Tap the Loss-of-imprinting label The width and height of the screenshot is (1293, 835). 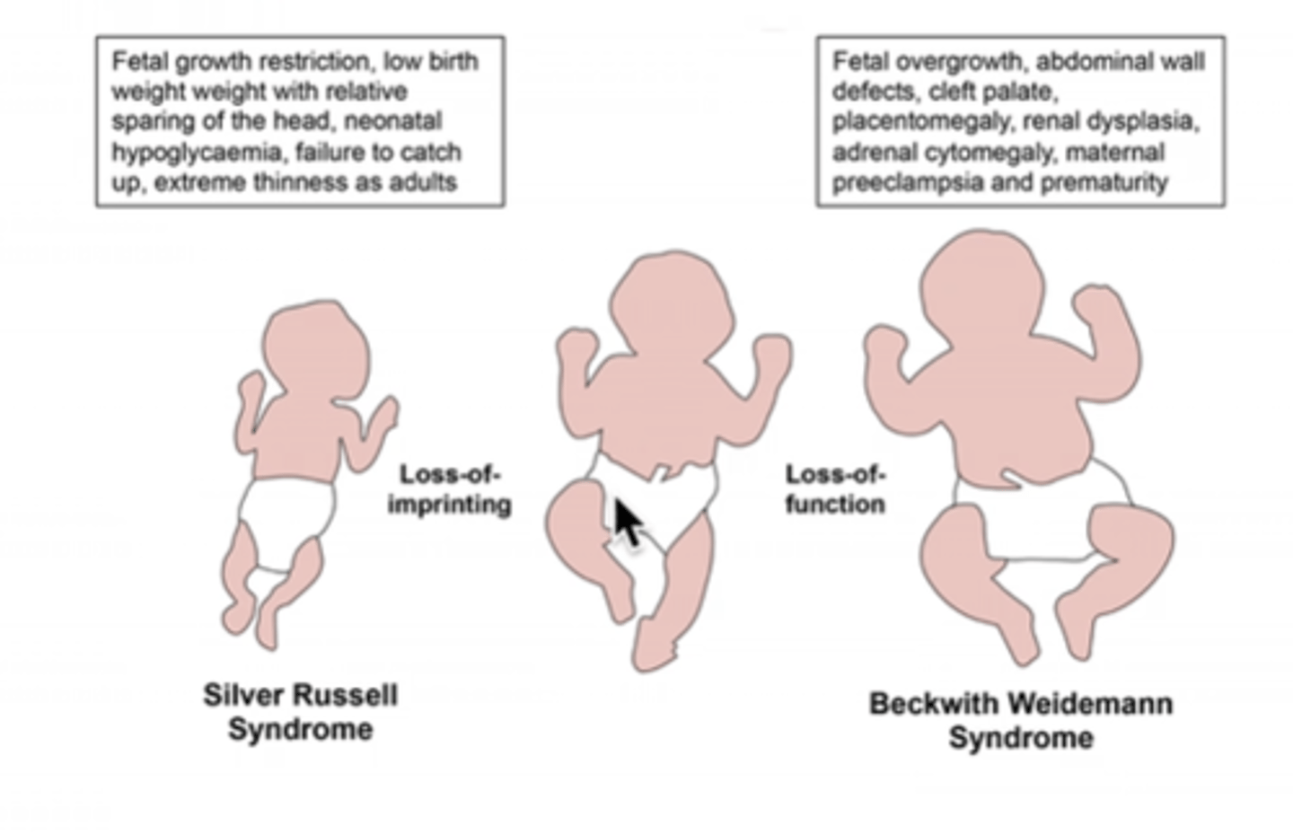point(449,489)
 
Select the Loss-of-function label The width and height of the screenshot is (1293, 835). point(835,489)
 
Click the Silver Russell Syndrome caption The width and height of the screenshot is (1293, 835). point(300,711)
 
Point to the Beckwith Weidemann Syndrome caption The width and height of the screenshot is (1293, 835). point(1021,720)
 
